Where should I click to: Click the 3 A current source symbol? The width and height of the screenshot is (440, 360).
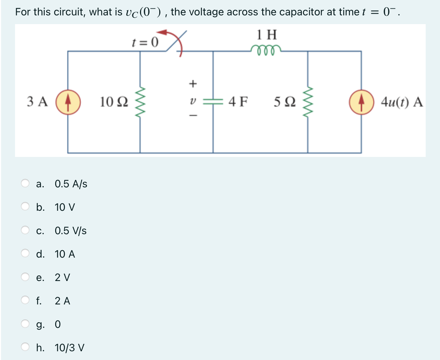[68, 102]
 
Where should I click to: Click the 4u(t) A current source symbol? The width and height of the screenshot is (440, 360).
[361, 102]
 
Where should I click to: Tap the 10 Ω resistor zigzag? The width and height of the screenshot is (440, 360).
[140, 102]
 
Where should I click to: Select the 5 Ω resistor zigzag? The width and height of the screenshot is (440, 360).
[308, 102]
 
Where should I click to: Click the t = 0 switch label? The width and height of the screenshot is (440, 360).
[145, 42]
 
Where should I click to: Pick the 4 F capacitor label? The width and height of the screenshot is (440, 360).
[238, 102]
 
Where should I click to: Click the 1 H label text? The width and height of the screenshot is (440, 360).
[267, 35]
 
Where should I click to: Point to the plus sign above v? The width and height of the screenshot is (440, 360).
[192, 84]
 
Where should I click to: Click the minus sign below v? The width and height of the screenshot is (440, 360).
[193, 115]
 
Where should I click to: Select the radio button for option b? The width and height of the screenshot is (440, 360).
[25, 207]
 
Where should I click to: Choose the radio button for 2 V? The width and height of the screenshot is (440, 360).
[25, 277]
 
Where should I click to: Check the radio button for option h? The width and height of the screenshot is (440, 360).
[25, 347]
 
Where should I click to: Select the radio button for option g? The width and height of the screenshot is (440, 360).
[25, 324]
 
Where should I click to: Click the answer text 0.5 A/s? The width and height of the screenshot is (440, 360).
[71, 184]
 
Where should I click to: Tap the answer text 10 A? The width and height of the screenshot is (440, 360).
[65, 254]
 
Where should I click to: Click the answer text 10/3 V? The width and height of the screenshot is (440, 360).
[69, 348]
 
